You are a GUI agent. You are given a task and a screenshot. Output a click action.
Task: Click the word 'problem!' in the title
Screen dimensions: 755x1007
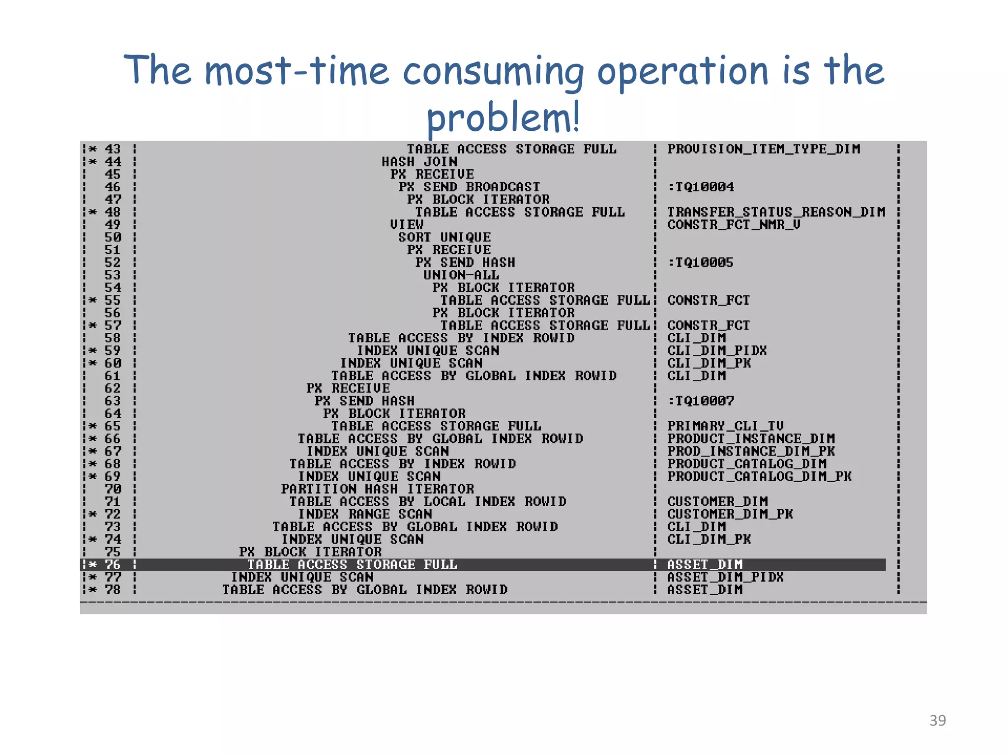(503, 117)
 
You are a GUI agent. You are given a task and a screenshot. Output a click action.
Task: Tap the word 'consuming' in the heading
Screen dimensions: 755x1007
(493, 71)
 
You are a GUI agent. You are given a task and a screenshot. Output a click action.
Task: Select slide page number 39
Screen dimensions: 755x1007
(937, 720)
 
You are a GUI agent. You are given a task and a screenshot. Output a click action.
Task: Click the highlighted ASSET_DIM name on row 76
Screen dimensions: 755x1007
(705, 565)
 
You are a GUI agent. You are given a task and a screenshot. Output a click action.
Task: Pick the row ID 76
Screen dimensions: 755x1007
(113, 565)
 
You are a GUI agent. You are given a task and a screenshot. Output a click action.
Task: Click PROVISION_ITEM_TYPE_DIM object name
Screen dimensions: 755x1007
(764, 149)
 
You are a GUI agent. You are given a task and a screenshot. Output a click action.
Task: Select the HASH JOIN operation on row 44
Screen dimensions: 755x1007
(419, 162)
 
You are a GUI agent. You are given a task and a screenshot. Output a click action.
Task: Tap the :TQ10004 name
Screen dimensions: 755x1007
(700, 187)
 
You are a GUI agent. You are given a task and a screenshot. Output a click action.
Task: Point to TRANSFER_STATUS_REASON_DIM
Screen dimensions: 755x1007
(776, 212)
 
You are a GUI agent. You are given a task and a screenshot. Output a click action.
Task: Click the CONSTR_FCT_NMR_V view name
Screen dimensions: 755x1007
(734, 225)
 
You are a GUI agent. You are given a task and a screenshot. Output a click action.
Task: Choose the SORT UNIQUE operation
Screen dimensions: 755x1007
(444, 237)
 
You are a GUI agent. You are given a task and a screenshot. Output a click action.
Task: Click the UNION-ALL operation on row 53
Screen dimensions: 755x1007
(461, 275)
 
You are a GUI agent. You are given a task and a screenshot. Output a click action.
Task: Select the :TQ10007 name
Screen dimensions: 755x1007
(700, 401)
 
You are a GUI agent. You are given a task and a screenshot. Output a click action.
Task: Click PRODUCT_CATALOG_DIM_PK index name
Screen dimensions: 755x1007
(759, 476)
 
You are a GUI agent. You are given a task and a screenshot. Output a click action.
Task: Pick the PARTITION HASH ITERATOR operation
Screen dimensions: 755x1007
(378, 489)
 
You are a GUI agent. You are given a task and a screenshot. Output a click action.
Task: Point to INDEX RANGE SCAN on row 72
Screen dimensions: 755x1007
(365, 514)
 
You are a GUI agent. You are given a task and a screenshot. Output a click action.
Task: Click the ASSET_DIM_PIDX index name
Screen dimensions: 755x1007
(725, 577)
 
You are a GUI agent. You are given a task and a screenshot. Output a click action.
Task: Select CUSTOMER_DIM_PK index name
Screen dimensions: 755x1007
(730, 514)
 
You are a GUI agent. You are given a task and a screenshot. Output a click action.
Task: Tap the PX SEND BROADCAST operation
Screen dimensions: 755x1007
(470, 187)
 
